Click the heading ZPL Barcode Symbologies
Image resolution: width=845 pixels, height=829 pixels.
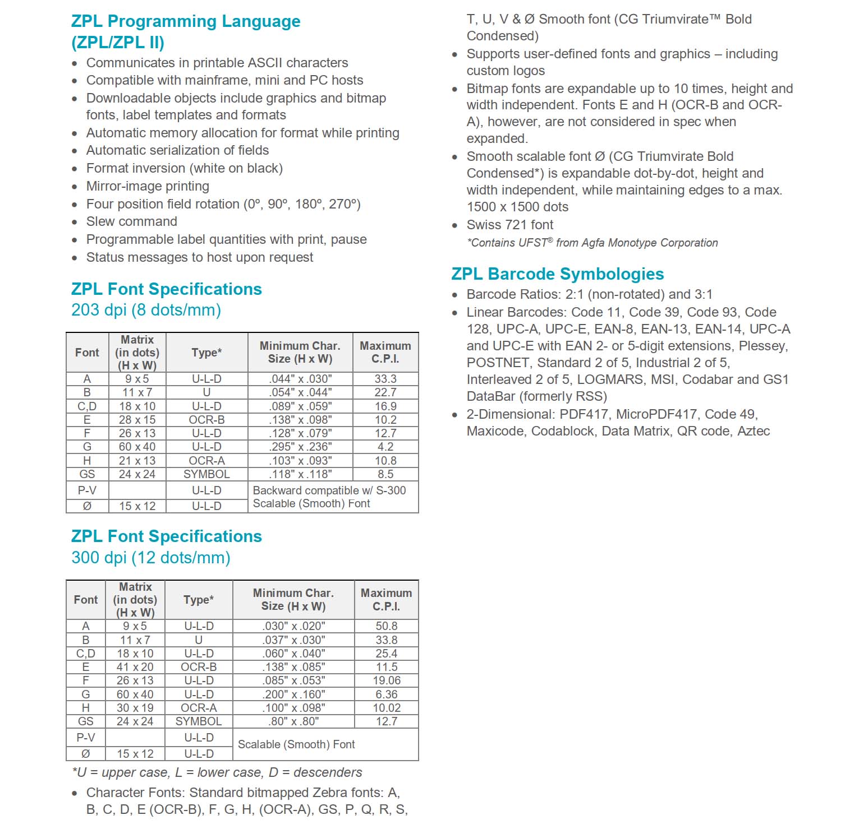coord(557,274)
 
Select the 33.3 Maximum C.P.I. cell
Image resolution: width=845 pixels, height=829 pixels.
coord(385,379)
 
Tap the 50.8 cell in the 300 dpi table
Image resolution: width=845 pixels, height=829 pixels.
coord(387,626)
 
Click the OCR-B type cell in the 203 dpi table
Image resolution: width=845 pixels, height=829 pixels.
coord(206,420)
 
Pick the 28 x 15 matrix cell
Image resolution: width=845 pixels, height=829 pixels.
coord(137,420)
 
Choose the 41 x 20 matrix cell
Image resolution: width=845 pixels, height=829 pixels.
coord(135,667)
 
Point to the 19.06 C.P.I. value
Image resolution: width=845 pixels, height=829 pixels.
coord(387,680)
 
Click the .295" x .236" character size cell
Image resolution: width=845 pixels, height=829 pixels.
coord(300,447)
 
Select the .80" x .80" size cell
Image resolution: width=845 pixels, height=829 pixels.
coord(293,721)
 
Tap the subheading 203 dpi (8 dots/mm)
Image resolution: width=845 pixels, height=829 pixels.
coord(146,310)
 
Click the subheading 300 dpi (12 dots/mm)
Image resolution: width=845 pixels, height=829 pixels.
coord(151,558)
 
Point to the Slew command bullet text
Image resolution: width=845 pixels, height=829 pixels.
coord(131,221)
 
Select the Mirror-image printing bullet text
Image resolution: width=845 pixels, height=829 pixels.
coord(148,186)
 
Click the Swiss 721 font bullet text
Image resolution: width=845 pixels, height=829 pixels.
coord(509,225)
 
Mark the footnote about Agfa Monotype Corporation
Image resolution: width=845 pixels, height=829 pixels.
coord(592,243)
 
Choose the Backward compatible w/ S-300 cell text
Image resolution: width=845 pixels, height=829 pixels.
coord(329,490)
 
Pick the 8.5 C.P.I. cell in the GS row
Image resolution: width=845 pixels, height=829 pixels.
coord(385,474)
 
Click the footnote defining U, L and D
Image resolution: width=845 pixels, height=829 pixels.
coord(217,772)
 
